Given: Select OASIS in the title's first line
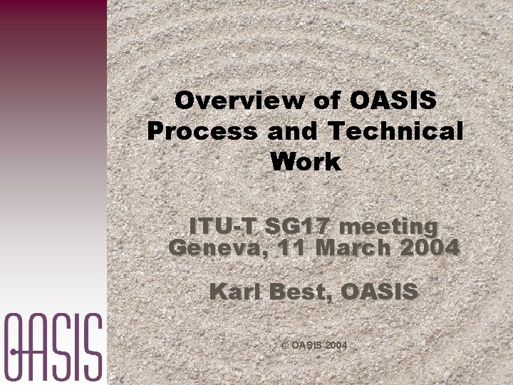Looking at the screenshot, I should (394, 101).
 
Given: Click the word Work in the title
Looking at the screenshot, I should (306, 162).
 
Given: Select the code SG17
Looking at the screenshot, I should (299, 227).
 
